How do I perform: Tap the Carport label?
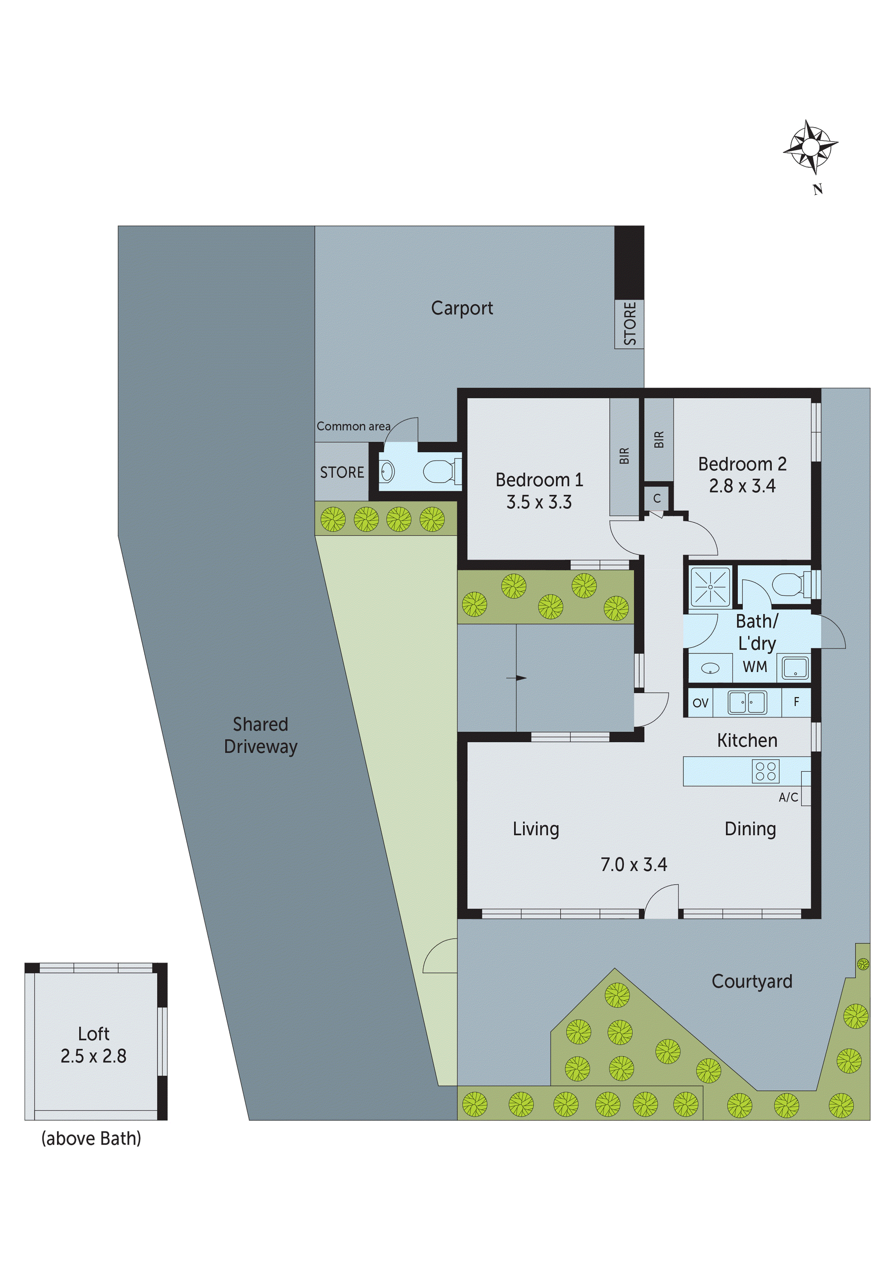tap(462, 308)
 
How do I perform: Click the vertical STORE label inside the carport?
tap(629, 324)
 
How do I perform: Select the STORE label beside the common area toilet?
tap(342, 472)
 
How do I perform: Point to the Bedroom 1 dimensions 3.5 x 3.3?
tap(539, 502)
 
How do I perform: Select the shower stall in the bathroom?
tap(710, 587)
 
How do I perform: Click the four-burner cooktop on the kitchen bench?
tap(765, 771)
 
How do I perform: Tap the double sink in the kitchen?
tap(747, 703)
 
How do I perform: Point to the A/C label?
tap(788, 797)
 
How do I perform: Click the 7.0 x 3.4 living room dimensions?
tap(634, 865)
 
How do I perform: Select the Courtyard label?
tap(752, 982)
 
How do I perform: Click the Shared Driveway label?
tap(260, 735)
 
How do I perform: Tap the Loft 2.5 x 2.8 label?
tap(94, 1045)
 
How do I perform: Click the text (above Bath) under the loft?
tap(92, 1139)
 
